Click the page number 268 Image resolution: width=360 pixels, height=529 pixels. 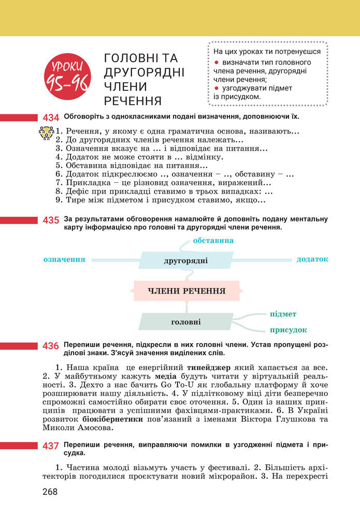(x=50, y=492)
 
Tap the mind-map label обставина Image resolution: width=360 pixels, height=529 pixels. (x=213, y=241)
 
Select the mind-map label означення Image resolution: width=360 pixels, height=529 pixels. (x=64, y=259)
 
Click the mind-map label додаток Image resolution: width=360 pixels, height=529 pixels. (x=312, y=259)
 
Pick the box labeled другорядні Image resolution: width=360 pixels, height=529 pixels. (x=185, y=260)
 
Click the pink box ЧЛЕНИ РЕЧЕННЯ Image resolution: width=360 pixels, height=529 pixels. (x=186, y=291)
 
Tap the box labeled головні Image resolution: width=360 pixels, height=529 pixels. (x=186, y=322)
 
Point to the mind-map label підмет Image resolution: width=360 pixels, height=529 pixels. (x=283, y=314)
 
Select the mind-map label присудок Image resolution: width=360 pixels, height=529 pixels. (x=288, y=330)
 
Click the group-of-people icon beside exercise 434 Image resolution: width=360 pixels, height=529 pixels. (x=47, y=133)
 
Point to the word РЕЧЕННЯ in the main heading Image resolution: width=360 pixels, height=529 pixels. (x=133, y=100)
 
